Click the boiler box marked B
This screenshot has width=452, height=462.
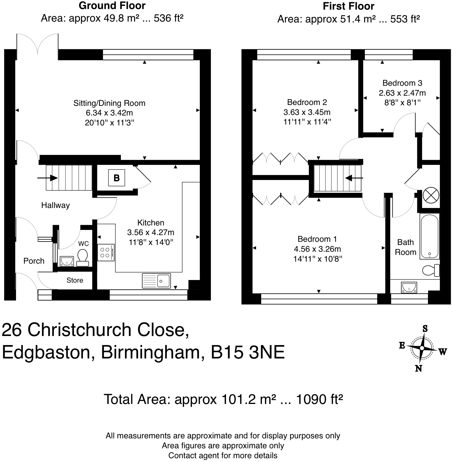click(x=116, y=178)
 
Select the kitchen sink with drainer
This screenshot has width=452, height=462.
click(x=156, y=281)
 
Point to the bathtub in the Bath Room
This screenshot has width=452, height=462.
click(x=430, y=236)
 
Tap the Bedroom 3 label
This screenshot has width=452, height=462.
click(x=402, y=83)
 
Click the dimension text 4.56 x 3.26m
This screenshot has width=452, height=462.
click(x=317, y=249)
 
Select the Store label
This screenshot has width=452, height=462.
click(x=75, y=280)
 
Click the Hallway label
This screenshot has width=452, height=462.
click(x=55, y=205)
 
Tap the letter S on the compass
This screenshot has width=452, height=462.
click(x=425, y=329)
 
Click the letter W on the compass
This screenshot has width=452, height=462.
click(x=442, y=352)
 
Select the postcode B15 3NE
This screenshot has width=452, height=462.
click(x=248, y=353)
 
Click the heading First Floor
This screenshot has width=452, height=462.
click(x=348, y=6)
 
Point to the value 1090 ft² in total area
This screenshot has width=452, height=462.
click(x=319, y=399)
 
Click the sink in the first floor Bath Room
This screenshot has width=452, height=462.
click(x=409, y=287)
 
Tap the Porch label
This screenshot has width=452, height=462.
click(x=34, y=261)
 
